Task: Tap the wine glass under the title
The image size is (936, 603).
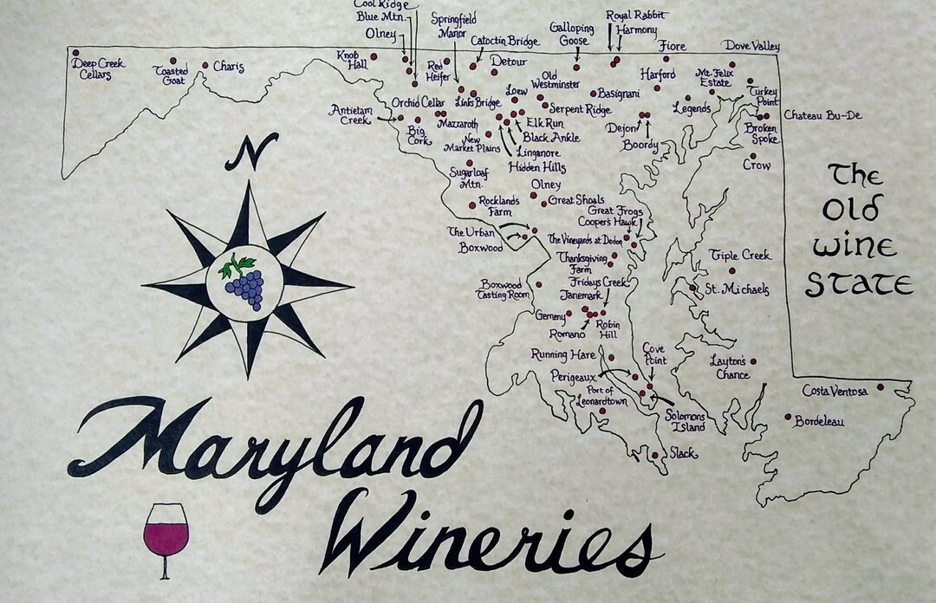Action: [x=166, y=538]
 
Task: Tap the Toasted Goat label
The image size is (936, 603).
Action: [x=172, y=75]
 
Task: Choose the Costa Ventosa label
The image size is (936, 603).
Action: [x=835, y=392]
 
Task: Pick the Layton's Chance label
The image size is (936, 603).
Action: [x=728, y=367]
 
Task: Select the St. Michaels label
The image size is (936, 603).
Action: [x=736, y=289]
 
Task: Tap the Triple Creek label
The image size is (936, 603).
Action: [x=739, y=256]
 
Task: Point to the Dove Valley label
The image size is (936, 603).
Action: [x=751, y=46]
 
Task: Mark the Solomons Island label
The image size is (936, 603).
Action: [x=686, y=421]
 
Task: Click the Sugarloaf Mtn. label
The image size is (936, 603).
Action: [x=469, y=178]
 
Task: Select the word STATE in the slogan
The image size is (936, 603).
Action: [x=859, y=283]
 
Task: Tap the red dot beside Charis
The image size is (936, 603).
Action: [x=205, y=65]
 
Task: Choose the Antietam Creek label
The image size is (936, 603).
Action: [x=350, y=114]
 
